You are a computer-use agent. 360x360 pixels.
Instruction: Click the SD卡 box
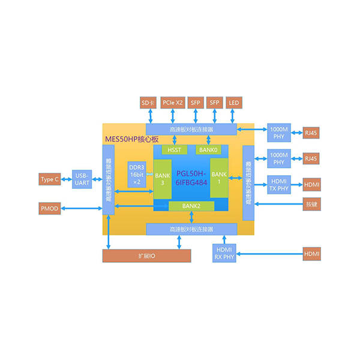tap(148, 103)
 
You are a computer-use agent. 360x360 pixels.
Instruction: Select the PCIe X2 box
tap(173, 103)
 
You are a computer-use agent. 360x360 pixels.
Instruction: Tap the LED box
tap(233, 103)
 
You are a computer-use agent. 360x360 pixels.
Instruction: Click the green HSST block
tap(175, 149)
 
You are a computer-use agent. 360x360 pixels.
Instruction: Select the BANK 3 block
tap(162, 179)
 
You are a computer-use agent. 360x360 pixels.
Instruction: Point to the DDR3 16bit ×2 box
tap(137, 175)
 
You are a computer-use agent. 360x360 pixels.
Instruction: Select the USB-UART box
tap(82, 179)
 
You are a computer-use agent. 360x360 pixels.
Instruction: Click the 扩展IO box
tap(146, 256)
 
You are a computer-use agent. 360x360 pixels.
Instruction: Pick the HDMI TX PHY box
tap(279, 185)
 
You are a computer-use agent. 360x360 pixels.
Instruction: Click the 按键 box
tap(311, 206)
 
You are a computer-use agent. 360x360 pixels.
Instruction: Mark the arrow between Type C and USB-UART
tap(66, 179)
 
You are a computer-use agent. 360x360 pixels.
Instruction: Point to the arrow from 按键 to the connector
tap(278, 206)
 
